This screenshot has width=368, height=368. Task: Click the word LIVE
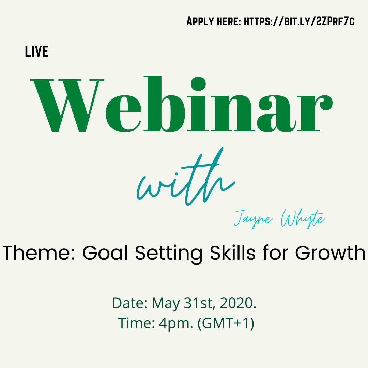(37, 51)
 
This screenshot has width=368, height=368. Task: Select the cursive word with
(186, 179)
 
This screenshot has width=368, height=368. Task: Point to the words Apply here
(214, 22)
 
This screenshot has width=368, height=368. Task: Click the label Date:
(130, 303)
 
